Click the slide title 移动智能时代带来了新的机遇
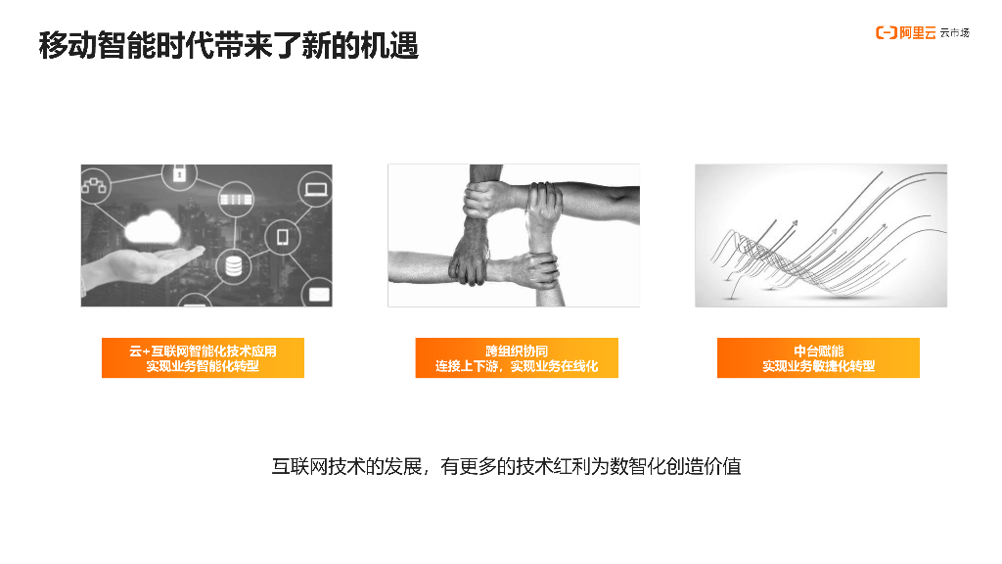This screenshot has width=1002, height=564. (229, 45)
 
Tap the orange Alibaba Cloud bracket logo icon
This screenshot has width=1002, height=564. (886, 32)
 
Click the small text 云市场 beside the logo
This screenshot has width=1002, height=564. (955, 32)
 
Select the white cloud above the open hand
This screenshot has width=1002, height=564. (152, 227)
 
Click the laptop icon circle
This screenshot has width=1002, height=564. (316, 189)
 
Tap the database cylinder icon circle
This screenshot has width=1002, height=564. (233, 265)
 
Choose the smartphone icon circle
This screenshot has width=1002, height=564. (282, 237)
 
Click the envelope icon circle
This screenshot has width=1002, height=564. (318, 293)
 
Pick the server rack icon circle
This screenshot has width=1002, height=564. (236, 199)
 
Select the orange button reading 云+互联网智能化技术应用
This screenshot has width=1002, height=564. (203, 358)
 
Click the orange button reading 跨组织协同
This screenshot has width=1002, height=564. (517, 358)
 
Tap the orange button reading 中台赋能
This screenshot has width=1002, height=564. (818, 358)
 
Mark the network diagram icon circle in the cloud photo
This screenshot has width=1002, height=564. (95, 186)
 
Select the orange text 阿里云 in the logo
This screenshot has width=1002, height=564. (918, 32)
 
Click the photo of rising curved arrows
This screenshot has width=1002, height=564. (821, 235)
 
